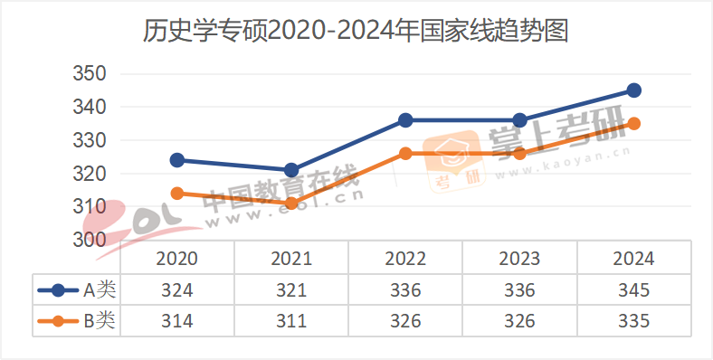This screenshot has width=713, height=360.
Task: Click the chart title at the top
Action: [356, 33]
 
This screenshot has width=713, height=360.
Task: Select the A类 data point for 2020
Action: [177, 160]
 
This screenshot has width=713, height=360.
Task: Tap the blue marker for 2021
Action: [291, 170]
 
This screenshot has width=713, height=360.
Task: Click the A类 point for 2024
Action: [634, 90]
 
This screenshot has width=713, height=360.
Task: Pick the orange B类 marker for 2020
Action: [177, 194]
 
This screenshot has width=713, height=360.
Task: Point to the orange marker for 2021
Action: [291, 204]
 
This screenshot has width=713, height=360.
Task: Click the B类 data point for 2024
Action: [634, 124]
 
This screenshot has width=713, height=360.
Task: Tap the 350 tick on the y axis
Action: [90, 74]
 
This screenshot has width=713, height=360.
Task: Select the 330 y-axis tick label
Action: [90, 140]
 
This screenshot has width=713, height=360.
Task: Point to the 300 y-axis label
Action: [90, 240]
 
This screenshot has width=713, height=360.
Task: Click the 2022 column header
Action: [405, 259]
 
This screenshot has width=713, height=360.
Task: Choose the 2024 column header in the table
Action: [633, 259]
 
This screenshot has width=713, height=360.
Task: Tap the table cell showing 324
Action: [177, 290]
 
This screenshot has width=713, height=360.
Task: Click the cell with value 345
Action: [633, 290]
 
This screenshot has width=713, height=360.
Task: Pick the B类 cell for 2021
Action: [291, 320]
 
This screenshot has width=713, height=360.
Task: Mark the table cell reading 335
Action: [633, 320]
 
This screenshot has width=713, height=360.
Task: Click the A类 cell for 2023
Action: [519, 290]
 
